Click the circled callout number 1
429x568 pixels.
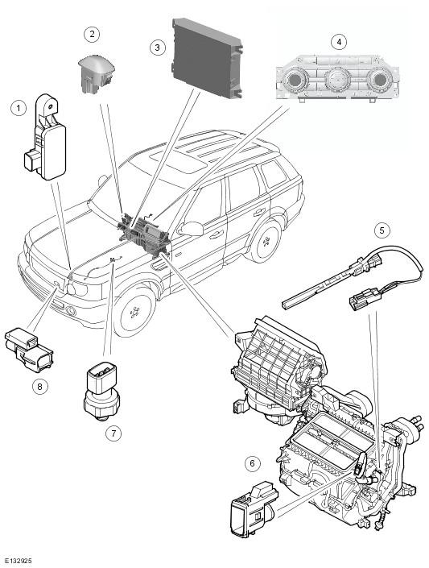(19, 108)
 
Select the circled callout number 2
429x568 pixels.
(92, 34)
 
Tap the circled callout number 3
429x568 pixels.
(158, 48)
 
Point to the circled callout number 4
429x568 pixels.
(339, 42)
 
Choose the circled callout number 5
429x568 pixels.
(382, 230)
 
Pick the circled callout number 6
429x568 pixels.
(253, 463)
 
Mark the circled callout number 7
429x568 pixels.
(113, 433)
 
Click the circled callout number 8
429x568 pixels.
(39, 387)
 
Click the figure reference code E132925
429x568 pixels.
(17, 561)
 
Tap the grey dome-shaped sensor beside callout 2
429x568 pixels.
(96, 73)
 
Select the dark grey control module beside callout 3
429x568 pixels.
(207, 58)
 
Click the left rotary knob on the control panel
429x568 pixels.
(295, 79)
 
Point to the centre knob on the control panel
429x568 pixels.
(337, 79)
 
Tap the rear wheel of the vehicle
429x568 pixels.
(266, 241)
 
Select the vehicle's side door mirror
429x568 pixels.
(191, 229)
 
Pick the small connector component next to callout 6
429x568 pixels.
(254, 509)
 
